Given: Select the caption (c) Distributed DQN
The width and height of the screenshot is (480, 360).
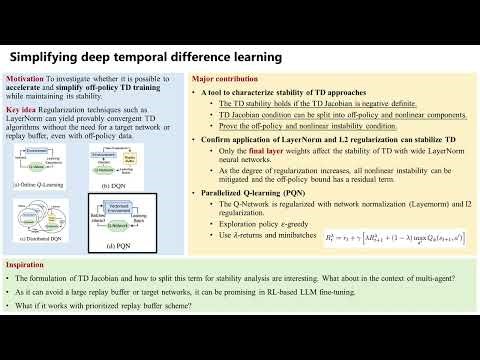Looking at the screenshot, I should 36,246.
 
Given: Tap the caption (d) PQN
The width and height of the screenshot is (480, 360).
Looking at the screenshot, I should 118,247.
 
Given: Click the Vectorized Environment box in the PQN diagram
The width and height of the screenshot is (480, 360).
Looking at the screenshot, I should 118,203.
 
